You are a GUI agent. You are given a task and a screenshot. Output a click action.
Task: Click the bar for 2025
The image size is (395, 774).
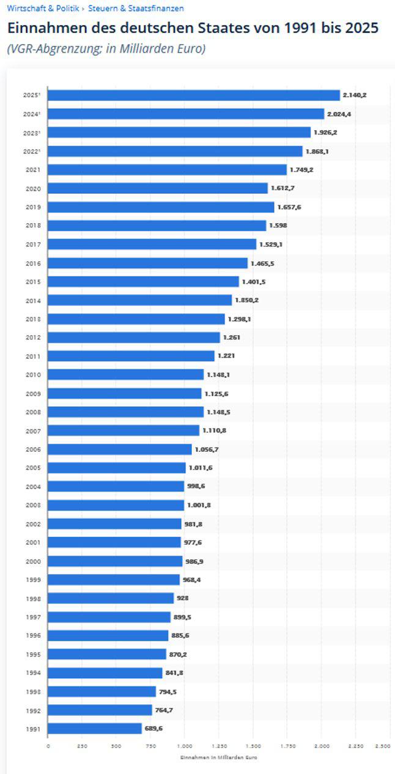(193, 95)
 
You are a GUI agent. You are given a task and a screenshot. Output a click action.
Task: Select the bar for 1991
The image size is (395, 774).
(95, 729)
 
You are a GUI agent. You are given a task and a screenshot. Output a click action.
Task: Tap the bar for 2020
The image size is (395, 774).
(158, 188)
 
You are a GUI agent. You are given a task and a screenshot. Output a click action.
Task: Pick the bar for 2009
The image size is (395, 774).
(124, 394)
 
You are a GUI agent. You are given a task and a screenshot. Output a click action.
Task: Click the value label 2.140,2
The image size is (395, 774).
(355, 95)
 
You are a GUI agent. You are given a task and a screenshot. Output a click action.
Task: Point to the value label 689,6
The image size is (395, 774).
(153, 729)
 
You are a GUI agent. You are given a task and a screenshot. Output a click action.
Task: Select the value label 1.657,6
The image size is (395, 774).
(289, 207)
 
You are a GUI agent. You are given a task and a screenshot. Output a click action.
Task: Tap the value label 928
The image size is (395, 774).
(182, 599)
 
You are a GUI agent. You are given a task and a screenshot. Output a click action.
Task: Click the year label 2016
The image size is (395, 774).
(33, 263)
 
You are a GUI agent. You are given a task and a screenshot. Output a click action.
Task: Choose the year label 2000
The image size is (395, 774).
(33, 561)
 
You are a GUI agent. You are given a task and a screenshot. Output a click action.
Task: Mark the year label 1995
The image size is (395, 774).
(33, 654)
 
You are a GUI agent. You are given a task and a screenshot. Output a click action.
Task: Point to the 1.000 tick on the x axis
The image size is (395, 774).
(185, 746)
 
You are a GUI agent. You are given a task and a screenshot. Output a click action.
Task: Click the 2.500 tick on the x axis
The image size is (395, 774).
(383, 746)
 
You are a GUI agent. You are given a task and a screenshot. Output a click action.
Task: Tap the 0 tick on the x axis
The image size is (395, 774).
(48, 746)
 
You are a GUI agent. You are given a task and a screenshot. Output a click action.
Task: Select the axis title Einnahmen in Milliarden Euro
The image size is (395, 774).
(218, 757)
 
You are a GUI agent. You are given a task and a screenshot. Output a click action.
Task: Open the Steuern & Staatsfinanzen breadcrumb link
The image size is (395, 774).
(136, 9)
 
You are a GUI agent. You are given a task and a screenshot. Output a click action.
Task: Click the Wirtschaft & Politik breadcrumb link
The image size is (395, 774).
(43, 9)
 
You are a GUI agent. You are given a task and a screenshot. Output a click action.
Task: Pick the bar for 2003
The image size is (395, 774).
(116, 506)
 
